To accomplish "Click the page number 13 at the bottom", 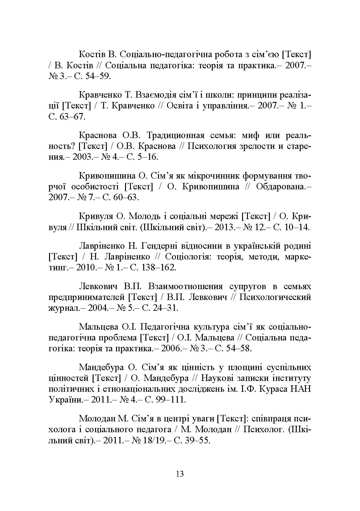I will pyautogui.click(x=179, y=474).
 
